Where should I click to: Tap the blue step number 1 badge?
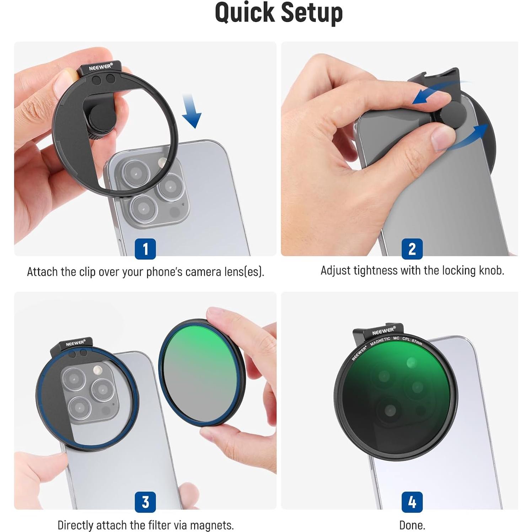[x=145, y=249]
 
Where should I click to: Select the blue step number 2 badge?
[x=412, y=249]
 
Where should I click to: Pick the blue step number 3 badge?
[x=145, y=502]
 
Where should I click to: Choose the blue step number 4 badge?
[x=412, y=502]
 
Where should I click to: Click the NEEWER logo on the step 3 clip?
[x=75, y=343]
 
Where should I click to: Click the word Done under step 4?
[x=412, y=525]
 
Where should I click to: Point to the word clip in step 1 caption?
[x=87, y=272]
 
